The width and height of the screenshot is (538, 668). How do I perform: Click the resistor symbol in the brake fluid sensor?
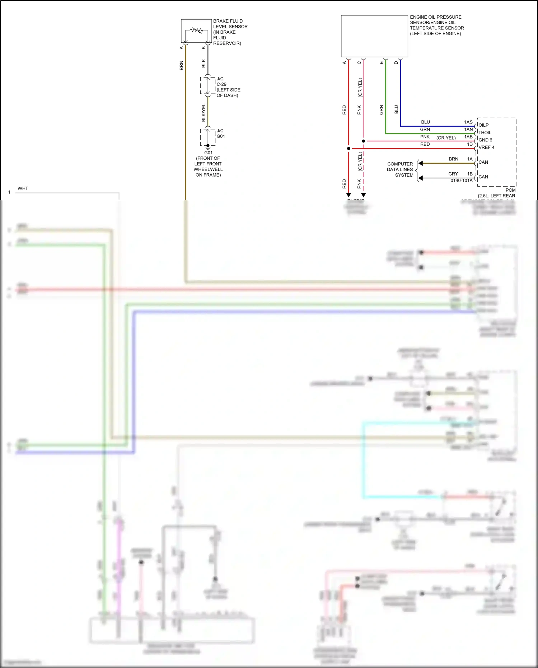pyautogui.click(x=196, y=30)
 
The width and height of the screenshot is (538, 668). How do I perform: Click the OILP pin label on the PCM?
pyautogui.click(x=483, y=125)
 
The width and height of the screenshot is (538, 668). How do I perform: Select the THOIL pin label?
pyautogui.click(x=485, y=132)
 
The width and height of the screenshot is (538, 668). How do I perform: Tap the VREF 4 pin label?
pyautogui.click(x=486, y=148)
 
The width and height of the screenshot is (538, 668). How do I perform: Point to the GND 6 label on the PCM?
pyautogui.click(x=485, y=140)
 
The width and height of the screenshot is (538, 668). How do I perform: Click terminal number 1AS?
pyautogui.click(x=468, y=122)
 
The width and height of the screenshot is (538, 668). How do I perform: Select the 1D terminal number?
pyautogui.click(x=470, y=144)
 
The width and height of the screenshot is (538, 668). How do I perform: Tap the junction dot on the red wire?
pyautogui.click(x=348, y=148)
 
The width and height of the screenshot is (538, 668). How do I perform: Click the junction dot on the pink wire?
pyautogui.click(x=363, y=141)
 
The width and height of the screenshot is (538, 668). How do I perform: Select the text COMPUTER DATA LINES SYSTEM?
pyautogui.click(x=400, y=169)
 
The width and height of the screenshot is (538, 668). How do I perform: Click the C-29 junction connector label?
pyautogui.click(x=221, y=84)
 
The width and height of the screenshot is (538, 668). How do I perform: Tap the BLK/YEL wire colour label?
pyautogui.click(x=204, y=112)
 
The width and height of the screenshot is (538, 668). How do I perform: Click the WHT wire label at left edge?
pyautogui.click(x=23, y=188)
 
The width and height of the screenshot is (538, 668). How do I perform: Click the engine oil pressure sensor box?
pyautogui.click(x=374, y=36)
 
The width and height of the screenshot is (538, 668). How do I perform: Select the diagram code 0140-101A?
pyautogui.click(x=462, y=181)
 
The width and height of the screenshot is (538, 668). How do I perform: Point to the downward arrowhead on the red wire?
pyautogui.click(x=348, y=195)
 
